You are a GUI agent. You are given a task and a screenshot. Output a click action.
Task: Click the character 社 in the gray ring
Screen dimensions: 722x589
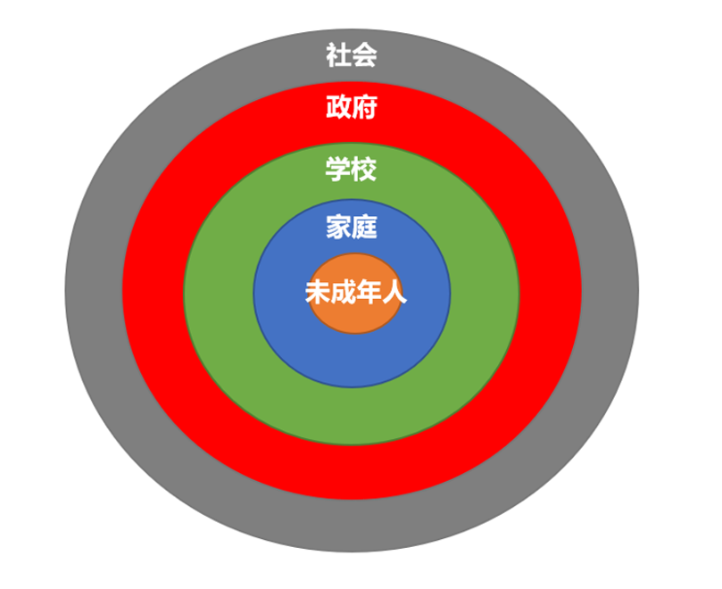[338, 54]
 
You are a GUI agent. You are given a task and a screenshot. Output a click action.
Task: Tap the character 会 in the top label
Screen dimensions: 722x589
[365, 54]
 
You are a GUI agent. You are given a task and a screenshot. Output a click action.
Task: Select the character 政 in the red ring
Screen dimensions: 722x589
[338, 107]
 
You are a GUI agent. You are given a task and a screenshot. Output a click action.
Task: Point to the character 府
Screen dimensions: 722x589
[365, 107]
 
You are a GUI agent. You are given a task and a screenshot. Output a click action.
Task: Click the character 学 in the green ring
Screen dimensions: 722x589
[338, 169]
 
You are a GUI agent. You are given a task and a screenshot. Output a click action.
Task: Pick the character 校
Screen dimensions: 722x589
[365, 169]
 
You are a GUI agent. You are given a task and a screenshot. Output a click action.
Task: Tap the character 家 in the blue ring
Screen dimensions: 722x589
[338, 227]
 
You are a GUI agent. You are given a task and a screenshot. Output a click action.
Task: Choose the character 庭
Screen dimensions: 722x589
[365, 227]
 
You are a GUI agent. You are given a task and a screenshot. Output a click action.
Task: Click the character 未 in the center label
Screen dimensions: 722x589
[318, 292]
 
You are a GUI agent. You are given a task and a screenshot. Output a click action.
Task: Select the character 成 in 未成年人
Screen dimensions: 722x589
[343, 292]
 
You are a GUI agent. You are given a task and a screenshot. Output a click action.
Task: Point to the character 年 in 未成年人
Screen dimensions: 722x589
[369, 292]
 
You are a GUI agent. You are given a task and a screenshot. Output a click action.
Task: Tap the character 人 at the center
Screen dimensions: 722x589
[394, 292]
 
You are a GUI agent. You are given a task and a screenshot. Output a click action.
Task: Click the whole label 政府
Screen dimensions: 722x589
[352, 107]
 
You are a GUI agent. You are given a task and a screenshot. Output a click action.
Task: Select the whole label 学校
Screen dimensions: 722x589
[352, 169]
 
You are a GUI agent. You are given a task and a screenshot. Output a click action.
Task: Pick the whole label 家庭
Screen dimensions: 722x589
[352, 227]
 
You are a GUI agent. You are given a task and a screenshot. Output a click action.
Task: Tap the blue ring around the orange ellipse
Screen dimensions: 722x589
[352, 360]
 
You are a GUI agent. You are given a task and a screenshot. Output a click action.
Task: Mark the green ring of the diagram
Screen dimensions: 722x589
[352, 417]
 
